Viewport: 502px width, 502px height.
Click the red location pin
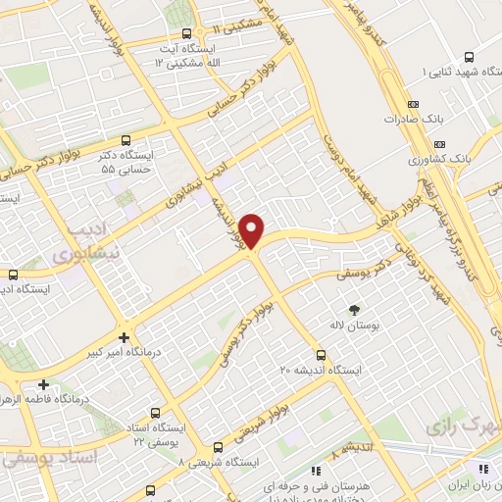click(252, 230)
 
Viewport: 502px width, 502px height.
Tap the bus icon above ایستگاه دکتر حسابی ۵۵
click(125, 142)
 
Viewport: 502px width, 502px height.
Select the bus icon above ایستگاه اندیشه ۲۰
click(321, 355)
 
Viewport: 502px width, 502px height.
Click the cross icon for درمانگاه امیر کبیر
click(125, 335)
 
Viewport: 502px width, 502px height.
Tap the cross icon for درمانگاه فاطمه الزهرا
click(43, 383)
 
